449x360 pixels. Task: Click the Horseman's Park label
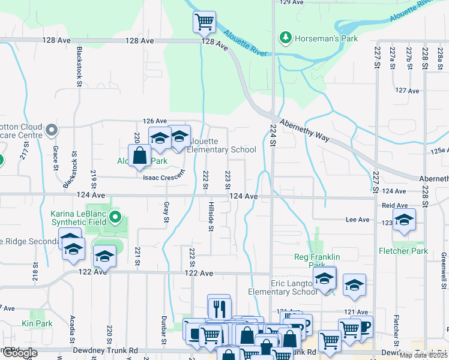(327, 39)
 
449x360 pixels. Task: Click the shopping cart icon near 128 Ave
(204, 22)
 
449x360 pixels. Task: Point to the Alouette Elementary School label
(221, 145)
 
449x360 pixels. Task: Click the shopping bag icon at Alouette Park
(139, 156)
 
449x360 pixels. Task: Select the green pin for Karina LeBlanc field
(115, 217)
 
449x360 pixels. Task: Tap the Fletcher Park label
(403, 251)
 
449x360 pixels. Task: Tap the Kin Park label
(37, 323)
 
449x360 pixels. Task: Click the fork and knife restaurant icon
(219, 308)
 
